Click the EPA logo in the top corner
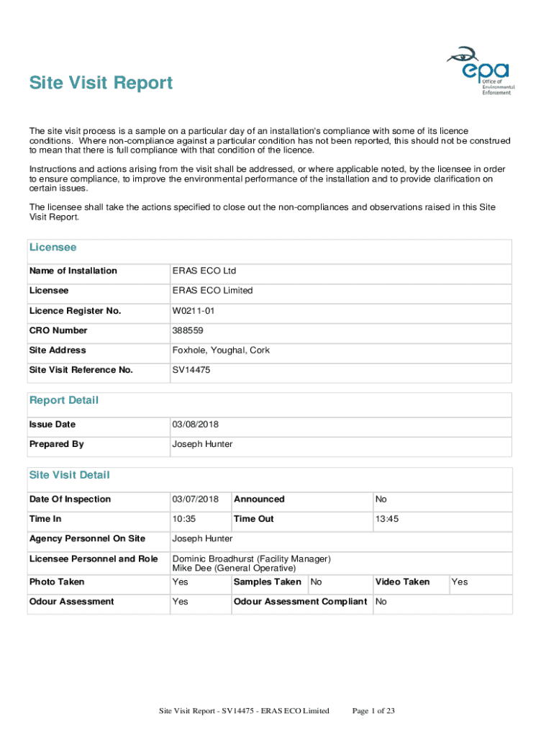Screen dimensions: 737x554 pos(479,71)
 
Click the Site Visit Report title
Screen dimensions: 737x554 pos(101,83)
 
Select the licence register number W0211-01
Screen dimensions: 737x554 pos(193,311)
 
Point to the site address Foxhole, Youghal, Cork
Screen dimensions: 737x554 pos(221,351)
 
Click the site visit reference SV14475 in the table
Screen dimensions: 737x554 pos(191,370)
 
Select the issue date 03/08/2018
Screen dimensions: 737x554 pos(195,425)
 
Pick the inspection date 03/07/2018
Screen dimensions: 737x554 pos(195,499)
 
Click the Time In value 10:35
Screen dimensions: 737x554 pos(184,519)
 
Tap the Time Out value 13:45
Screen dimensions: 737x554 pos(387,519)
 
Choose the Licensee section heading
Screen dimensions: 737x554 pos(53,248)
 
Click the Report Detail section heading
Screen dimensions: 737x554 pos(64,400)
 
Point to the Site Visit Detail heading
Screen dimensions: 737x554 pos(70,475)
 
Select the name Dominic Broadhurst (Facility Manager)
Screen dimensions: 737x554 pos(251,559)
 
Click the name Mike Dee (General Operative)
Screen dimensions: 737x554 pos(234,569)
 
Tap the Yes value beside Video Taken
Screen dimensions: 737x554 pos(459,582)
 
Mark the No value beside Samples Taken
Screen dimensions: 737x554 pos(316,582)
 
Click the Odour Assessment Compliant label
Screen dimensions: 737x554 pos(301,602)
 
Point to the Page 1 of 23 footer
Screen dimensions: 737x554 pos(373,711)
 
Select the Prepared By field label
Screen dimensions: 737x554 pos(57,444)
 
